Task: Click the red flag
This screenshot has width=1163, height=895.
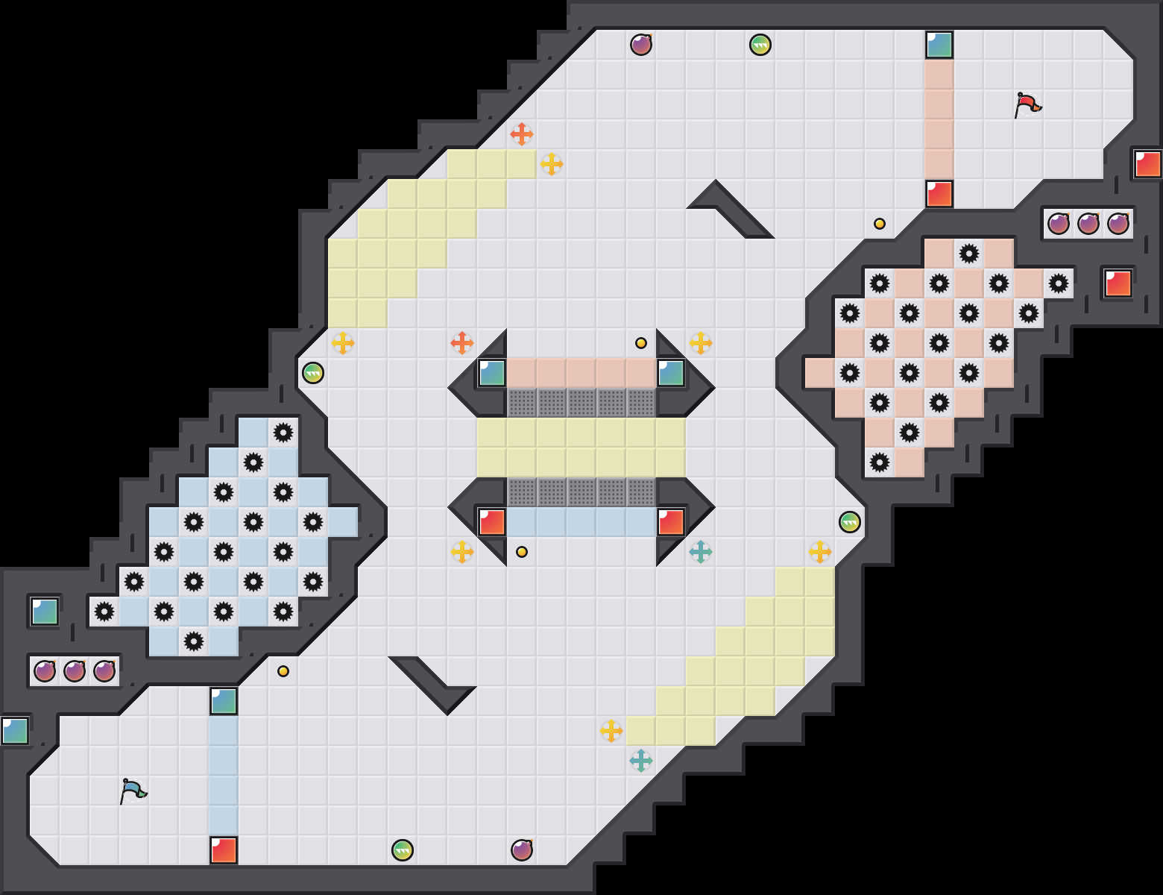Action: click(1027, 104)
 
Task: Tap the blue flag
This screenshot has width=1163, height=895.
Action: click(133, 791)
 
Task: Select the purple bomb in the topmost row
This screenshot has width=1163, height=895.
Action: click(641, 45)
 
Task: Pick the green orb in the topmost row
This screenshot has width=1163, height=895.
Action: click(760, 45)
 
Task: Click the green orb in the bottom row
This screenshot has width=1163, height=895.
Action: click(403, 850)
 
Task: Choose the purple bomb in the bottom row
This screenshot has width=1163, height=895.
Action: click(522, 850)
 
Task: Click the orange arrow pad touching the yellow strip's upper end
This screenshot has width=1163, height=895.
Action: click(522, 134)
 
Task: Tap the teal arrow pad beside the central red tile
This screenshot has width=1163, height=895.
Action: click(701, 552)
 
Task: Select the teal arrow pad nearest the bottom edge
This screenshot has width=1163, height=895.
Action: click(641, 761)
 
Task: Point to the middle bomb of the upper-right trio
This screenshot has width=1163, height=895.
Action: click(1088, 223)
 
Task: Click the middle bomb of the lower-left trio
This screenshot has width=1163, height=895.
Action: click(75, 671)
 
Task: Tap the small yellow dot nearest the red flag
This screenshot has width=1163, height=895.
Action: click(880, 224)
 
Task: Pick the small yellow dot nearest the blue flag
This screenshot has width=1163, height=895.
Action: click(283, 671)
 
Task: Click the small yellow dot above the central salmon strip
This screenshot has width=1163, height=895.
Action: click(641, 343)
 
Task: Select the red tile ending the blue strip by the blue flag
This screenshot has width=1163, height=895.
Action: click(224, 850)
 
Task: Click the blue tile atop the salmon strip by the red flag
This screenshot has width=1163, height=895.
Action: click(939, 45)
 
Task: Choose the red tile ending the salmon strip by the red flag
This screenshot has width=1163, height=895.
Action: click(939, 194)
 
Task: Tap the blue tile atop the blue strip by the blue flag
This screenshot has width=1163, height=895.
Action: click(224, 701)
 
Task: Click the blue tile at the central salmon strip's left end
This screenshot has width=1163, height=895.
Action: click(492, 373)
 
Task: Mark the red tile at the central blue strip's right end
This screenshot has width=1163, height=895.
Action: click(671, 522)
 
